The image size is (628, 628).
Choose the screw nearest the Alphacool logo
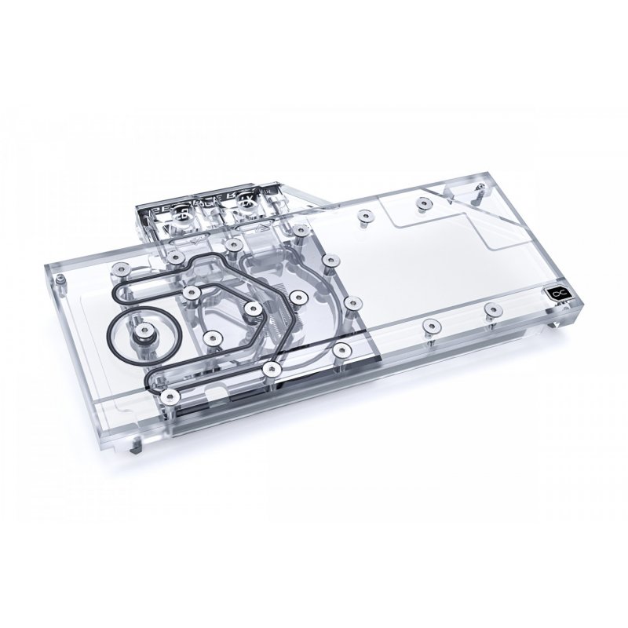[492, 308]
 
